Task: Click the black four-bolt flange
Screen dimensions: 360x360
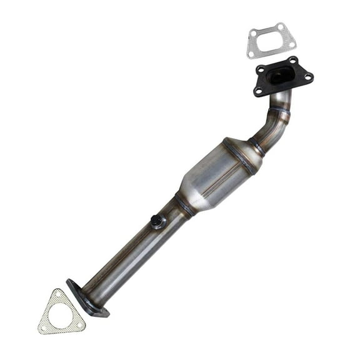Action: tap(282, 77)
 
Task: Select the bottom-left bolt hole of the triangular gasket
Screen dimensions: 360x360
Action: tap(45, 327)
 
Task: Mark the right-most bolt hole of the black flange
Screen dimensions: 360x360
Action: tap(307, 77)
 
